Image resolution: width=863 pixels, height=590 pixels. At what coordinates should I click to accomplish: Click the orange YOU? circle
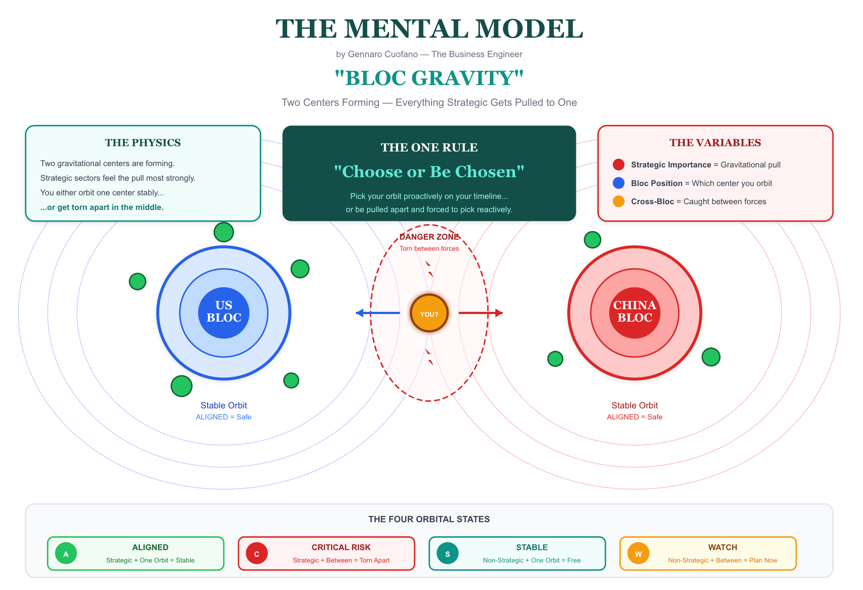429,313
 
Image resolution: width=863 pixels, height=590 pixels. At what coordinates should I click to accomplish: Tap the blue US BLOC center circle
223,313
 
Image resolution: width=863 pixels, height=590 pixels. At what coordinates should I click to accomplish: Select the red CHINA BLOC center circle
634,313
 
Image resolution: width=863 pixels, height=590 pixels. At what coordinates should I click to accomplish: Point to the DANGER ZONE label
429,237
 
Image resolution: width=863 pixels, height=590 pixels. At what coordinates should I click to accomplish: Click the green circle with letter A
66,554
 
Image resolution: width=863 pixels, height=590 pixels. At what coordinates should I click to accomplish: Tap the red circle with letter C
257,554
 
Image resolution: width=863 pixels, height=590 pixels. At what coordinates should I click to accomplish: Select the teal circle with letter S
447,554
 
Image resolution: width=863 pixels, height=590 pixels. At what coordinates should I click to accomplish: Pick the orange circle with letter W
638,554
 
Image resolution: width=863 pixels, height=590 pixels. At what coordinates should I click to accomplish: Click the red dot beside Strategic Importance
618,165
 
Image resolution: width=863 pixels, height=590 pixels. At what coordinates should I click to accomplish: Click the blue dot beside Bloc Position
618,183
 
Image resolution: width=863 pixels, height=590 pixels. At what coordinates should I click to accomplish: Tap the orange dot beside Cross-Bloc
618,202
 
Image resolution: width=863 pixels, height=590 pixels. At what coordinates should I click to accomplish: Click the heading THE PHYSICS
143,143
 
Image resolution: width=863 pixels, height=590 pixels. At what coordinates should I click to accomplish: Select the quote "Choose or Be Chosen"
429,172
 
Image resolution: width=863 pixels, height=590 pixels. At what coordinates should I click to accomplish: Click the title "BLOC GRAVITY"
429,78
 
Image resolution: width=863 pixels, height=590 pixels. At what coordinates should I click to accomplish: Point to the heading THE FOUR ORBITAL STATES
429,519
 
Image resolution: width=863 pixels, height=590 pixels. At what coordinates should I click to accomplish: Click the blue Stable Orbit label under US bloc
223,405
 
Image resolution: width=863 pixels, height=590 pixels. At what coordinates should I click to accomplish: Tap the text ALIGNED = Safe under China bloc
634,417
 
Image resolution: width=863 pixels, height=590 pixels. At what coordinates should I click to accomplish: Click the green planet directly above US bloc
223,232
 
